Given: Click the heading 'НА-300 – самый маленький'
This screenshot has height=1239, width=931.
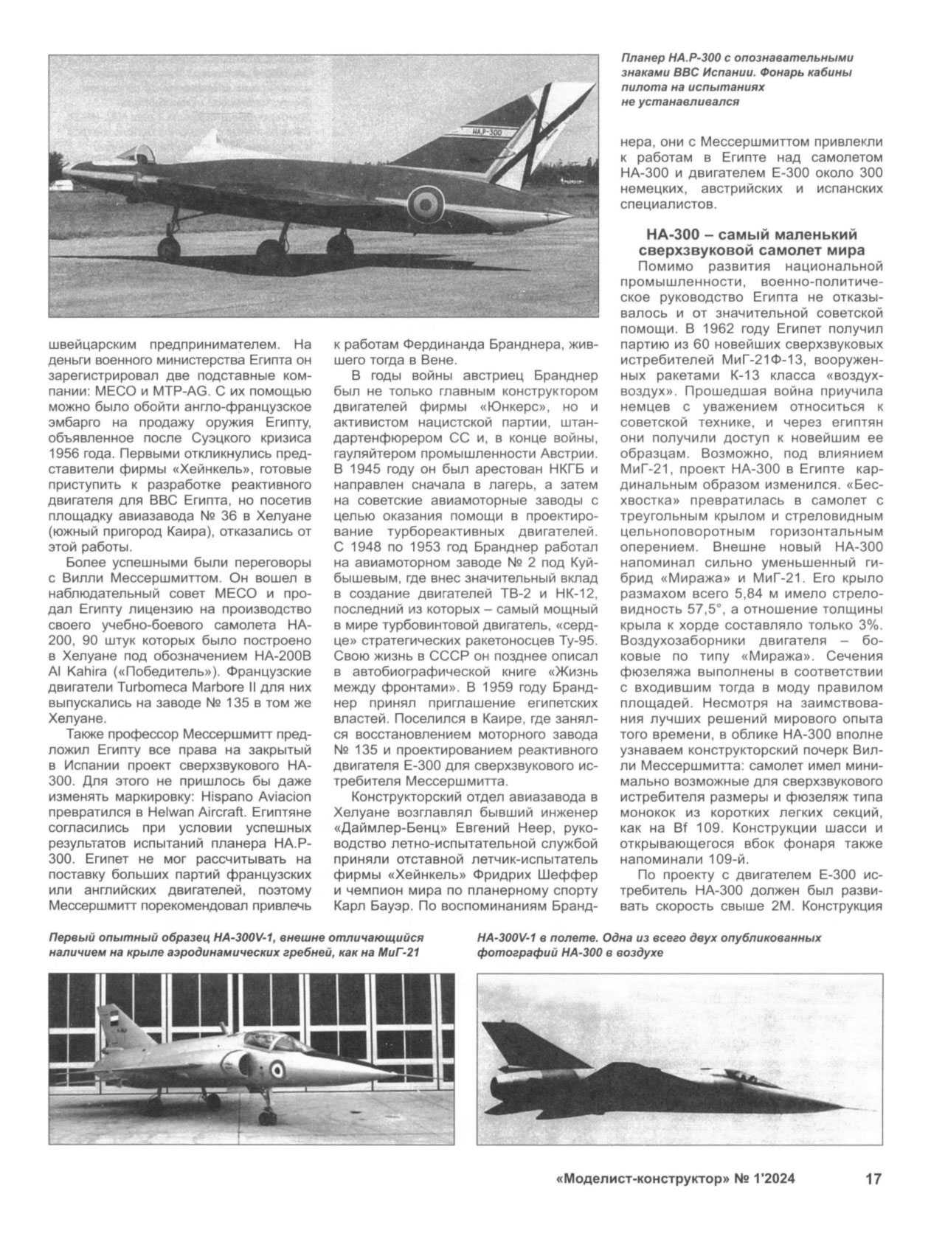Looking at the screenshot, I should (752, 235).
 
